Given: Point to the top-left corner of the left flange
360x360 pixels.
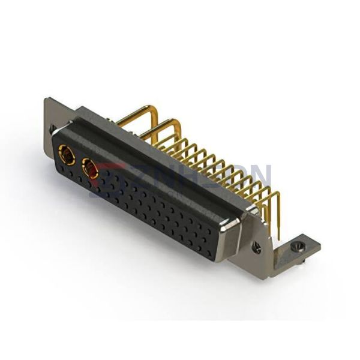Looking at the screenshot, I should point(47,100).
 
